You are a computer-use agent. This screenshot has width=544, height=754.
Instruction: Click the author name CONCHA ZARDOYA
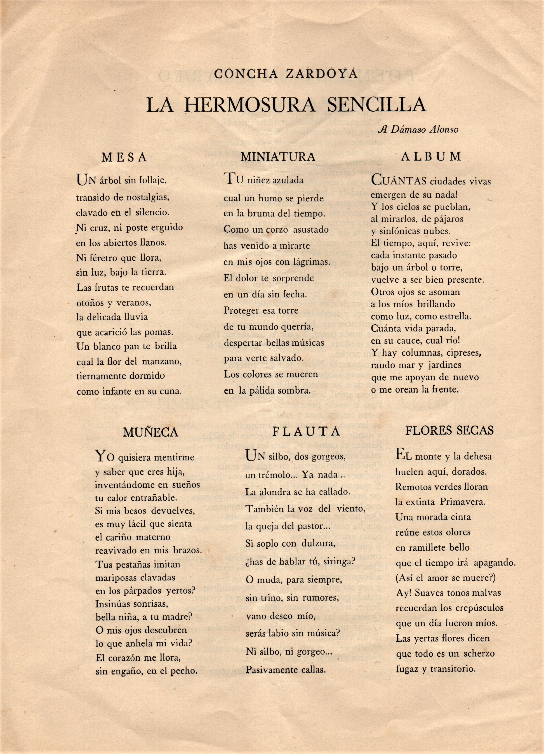click(x=286, y=73)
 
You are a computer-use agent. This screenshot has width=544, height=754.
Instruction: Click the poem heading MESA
click(x=124, y=158)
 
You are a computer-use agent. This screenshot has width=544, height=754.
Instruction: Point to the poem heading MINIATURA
click(x=278, y=157)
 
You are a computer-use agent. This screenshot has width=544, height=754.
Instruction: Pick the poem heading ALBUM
click(x=431, y=157)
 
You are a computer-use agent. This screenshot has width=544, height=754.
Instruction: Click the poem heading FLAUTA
click(x=306, y=431)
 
